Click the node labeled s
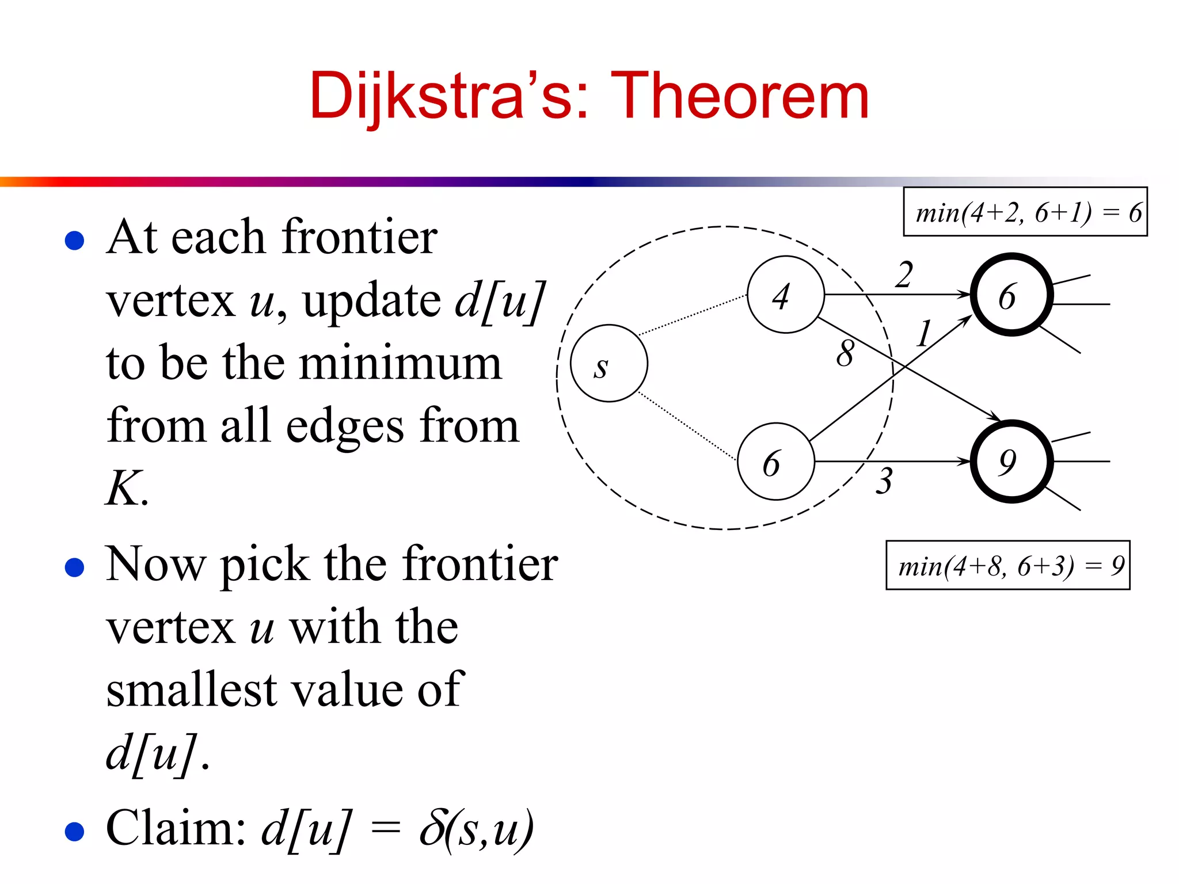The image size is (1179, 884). click(x=608, y=363)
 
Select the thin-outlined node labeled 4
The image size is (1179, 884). click(x=785, y=294)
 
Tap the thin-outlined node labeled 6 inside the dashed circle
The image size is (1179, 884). click(x=775, y=461)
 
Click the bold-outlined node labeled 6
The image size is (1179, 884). click(x=1011, y=294)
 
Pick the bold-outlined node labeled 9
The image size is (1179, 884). click(x=1011, y=461)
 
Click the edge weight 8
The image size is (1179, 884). click(x=845, y=353)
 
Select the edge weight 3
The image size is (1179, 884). click(x=884, y=481)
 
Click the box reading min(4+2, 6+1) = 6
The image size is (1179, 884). click(x=1025, y=212)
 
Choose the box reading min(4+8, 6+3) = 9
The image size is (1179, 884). click(x=1007, y=565)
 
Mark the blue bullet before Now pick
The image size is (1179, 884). click(x=75, y=567)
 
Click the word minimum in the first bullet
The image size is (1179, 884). click(x=401, y=364)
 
